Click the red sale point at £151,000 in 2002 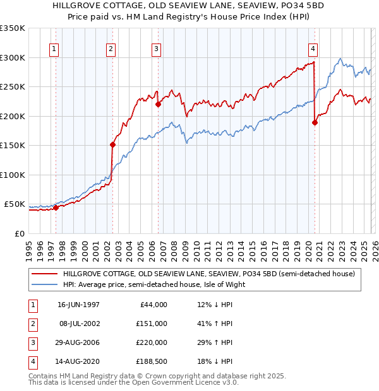[112, 144]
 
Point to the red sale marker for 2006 [158, 104]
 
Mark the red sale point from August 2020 [315, 123]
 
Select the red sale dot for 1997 [56, 207]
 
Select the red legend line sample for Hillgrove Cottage [44, 274]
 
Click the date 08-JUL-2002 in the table [78, 324]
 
